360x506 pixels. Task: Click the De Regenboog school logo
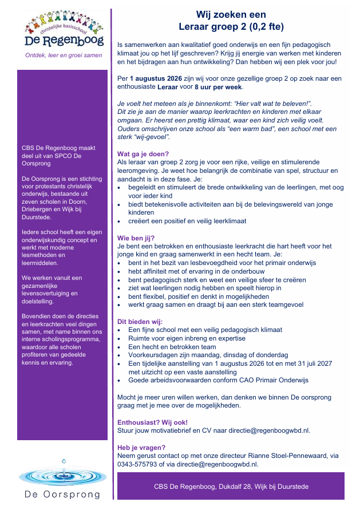click(62, 30)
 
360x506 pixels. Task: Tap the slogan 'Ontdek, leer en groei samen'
click(62, 56)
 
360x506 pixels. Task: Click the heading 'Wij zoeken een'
click(231, 15)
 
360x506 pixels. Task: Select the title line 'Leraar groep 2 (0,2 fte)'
click(231, 26)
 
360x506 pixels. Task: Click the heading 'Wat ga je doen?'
click(143, 154)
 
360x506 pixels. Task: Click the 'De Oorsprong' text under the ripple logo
click(62, 494)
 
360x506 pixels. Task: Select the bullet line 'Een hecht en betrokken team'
click(172, 347)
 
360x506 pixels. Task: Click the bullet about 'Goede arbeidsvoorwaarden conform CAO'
click(218, 380)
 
